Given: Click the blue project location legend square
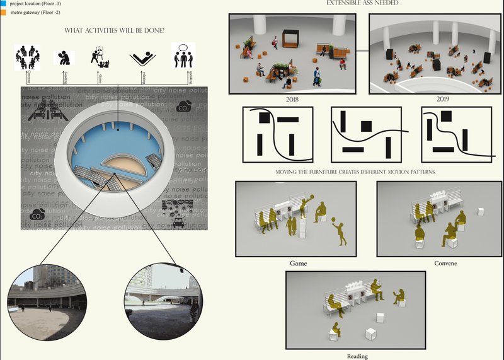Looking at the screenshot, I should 3,3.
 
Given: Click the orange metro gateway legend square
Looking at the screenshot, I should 3,12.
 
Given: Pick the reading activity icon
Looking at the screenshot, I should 63,59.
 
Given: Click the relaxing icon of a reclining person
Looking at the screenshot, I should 143,58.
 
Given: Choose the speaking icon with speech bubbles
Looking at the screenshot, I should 184,56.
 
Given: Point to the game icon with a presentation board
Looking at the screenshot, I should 99,57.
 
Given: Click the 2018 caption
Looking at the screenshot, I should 292,100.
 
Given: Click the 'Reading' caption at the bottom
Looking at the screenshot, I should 357,356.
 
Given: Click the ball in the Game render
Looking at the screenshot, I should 334,221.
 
